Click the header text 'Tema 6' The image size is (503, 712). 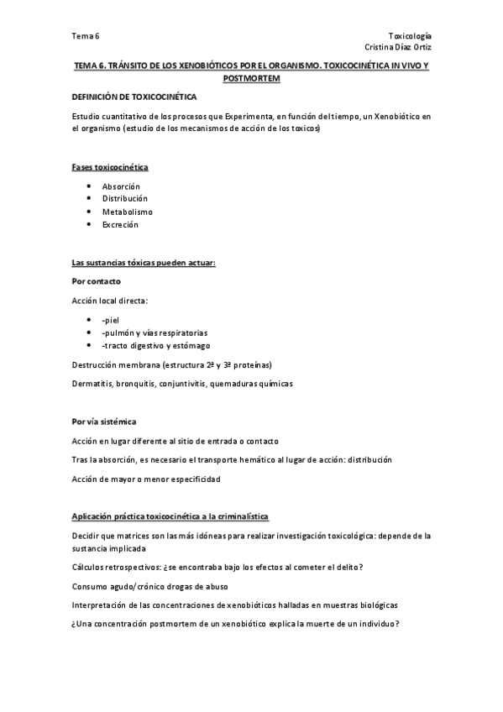pos(85,36)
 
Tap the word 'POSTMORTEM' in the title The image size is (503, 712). pos(251,78)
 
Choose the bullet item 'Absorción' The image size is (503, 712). pos(121,186)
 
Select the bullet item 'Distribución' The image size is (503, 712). pos(124,198)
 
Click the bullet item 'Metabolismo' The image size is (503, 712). pos(128,212)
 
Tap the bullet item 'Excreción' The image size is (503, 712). pos(120,225)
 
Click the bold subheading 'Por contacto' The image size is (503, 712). pos(96,280)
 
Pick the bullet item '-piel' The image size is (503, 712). pos(111,319)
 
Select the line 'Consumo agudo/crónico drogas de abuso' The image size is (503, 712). pos(150,586)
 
